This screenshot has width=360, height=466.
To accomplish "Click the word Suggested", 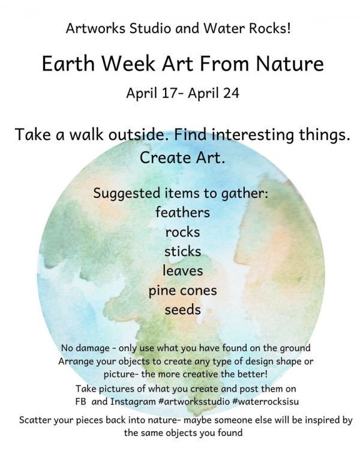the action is [x=127, y=193].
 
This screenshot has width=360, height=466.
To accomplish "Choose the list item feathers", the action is [x=182, y=212].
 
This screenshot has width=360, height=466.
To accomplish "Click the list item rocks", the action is [x=182, y=232].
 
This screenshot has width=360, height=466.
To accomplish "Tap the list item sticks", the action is [x=182, y=252].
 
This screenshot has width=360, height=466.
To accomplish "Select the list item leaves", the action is [x=182, y=271].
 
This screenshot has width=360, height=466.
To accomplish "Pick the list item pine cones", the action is [x=182, y=291].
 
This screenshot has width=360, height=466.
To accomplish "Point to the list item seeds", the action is [x=182, y=310].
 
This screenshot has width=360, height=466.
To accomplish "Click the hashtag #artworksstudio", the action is [x=194, y=402].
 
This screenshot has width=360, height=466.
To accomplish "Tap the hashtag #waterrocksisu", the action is [x=266, y=402].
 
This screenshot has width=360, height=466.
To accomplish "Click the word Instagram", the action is [x=133, y=402].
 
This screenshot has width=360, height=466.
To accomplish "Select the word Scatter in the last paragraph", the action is [x=35, y=420].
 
